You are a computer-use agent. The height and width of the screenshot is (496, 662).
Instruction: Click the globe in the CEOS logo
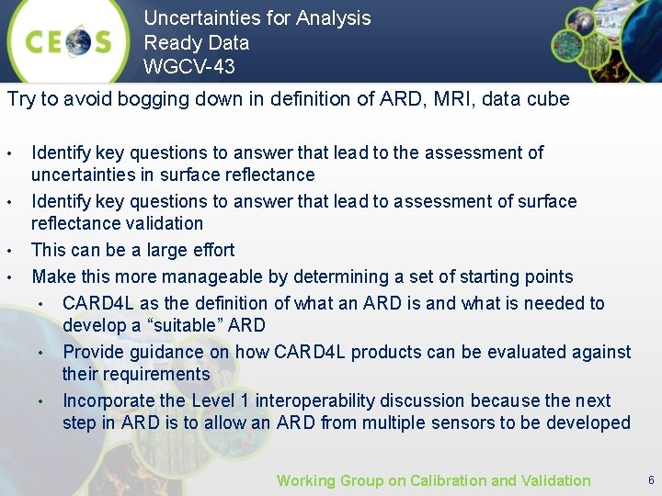point(76,41)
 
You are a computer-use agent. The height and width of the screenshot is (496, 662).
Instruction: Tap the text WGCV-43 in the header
point(188,66)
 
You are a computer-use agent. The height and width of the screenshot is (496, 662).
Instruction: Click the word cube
point(546,99)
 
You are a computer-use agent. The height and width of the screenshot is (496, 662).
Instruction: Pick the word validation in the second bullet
point(163,223)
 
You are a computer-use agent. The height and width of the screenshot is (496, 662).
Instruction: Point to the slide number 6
point(651,480)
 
